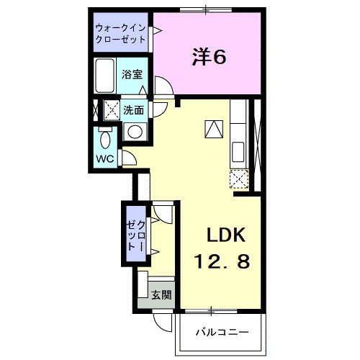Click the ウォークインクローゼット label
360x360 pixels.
click(x=122, y=35)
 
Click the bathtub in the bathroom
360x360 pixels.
click(x=105, y=76)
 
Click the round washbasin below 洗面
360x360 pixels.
click(x=133, y=131)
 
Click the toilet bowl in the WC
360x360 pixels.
click(x=105, y=139)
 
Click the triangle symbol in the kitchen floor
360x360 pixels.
click(x=214, y=130)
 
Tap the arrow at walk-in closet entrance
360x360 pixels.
click(x=155, y=32)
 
